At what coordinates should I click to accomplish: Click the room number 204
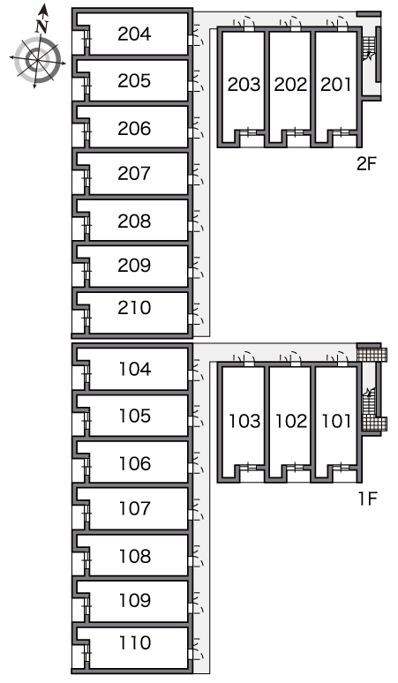click(x=134, y=34)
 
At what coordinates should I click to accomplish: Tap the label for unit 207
click(x=134, y=173)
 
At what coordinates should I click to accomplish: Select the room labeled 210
click(x=134, y=308)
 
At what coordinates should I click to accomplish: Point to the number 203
click(x=244, y=85)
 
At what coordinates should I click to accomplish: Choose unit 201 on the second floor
click(x=335, y=85)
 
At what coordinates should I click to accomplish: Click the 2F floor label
click(x=366, y=164)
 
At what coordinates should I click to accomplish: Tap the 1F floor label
click(x=367, y=499)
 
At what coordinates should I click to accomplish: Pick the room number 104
click(x=135, y=370)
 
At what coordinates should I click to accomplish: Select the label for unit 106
click(x=135, y=463)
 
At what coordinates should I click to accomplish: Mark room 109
click(x=135, y=600)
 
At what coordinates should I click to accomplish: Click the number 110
click(x=135, y=642)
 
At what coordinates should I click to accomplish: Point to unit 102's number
click(x=291, y=421)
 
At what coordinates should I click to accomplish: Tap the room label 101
click(x=336, y=421)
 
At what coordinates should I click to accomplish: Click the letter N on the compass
click(x=41, y=26)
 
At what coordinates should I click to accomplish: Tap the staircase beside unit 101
click(x=369, y=405)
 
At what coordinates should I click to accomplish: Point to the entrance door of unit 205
click(x=197, y=81)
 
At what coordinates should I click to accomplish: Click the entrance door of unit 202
click(x=290, y=23)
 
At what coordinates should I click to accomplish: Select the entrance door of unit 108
click(x=197, y=557)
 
